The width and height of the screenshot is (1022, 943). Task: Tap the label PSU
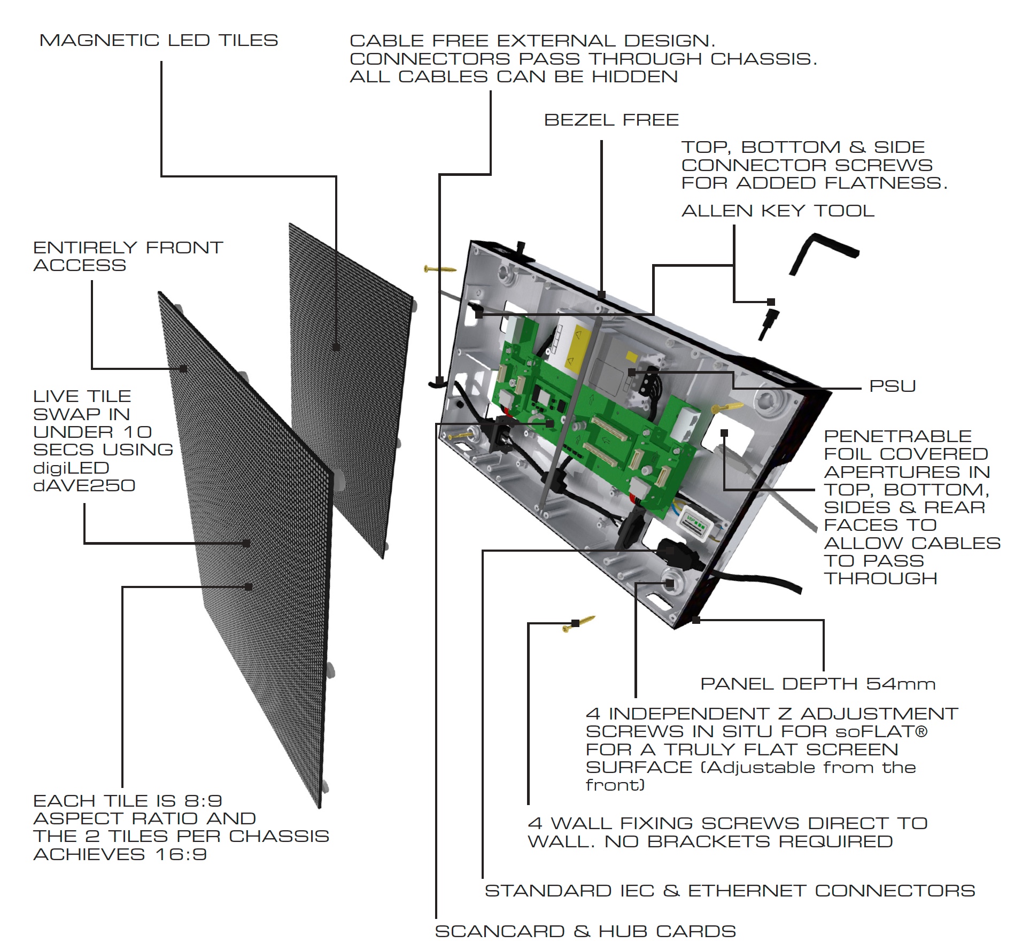click(x=892, y=386)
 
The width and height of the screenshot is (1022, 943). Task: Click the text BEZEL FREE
click(x=611, y=120)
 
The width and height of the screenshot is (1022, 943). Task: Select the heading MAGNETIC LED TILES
click(x=159, y=41)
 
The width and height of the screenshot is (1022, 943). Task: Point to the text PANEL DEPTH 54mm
click(x=817, y=684)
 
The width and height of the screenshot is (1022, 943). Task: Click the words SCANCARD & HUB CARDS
click(x=585, y=931)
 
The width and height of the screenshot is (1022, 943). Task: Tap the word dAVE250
click(x=84, y=485)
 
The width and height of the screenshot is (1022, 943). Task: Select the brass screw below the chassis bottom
click(x=579, y=623)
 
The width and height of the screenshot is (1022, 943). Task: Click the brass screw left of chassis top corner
click(x=439, y=268)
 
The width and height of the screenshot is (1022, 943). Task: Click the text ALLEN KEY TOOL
click(x=778, y=211)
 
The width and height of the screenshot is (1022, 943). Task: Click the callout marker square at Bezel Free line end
click(x=601, y=295)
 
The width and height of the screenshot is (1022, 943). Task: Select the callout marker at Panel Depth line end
click(x=696, y=620)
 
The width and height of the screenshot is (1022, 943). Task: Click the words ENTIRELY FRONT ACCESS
click(x=127, y=257)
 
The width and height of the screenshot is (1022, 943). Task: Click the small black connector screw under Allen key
click(x=769, y=321)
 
